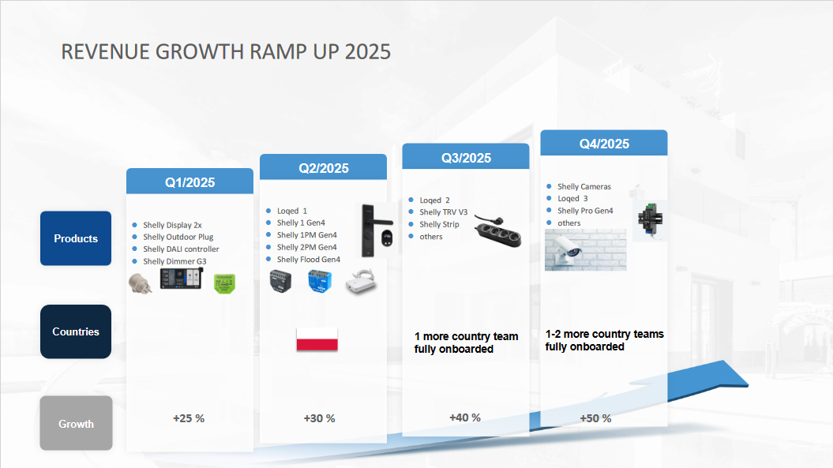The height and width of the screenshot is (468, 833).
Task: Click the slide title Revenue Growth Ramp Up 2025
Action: pyautogui.click(x=226, y=52)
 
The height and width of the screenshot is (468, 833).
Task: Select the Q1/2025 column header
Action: pyautogui.click(x=189, y=182)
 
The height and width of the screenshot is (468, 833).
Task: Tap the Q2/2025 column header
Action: pyautogui.click(x=323, y=168)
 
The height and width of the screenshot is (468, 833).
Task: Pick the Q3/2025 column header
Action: pyautogui.click(x=466, y=158)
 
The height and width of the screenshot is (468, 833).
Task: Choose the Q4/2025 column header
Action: pyautogui.click(x=604, y=144)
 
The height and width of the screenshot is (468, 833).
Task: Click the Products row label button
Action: pyautogui.click(x=76, y=238)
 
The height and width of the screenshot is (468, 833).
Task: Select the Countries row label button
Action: pyautogui.click(x=76, y=331)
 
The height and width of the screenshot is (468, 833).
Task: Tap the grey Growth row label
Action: pyautogui.click(x=76, y=424)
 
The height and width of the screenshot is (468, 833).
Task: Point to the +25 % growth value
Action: pyautogui.click(x=189, y=418)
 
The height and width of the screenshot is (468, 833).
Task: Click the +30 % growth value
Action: pyautogui.click(x=319, y=418)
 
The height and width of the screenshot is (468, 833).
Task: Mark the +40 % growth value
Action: pyautogui.click(x=465, y=417)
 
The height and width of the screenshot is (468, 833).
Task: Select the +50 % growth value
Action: pyautogui.click(x=595, y=418)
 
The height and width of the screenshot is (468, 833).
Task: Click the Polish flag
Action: pyautogui.click(x=317, y=339)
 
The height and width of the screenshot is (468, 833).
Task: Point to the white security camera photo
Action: pyautogui.click(x=585, y=250)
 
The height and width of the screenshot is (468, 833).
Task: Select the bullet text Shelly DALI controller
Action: pyautogui.click(x=181, y=249)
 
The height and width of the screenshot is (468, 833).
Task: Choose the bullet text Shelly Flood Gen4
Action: pyautogui.click(x=308, y=260)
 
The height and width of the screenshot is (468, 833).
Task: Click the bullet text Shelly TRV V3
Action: pyautogui.click(x=443, y=212)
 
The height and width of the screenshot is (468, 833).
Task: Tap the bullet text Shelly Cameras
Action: pyautogui.click(x=583, y=187)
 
